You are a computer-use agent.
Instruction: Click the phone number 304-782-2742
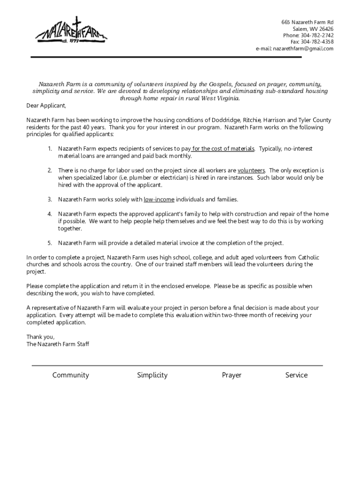[x=317, y=36]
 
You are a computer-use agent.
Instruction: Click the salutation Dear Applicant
[x=46, y=106]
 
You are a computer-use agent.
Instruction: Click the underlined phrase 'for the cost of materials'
[x=223, y=149]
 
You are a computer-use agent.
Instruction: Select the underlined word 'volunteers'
[x=251, y=171]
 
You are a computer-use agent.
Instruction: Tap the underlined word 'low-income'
[x=159, y=200]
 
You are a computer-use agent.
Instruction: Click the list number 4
[x=49, y=214]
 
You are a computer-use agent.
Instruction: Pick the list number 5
[x=49, y=243]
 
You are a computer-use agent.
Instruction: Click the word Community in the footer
[x=71, y=375]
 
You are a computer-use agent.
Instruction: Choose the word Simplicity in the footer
[x=152, y=375]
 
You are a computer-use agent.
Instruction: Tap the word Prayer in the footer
[x=231, y=375]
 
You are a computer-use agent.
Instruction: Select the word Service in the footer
[x=296, y=375]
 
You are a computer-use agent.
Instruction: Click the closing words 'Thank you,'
[x=41, y=337]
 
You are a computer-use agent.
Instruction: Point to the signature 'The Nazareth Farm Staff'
[x=58, y=344]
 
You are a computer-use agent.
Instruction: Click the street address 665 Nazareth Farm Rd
[x=307, y=22]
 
